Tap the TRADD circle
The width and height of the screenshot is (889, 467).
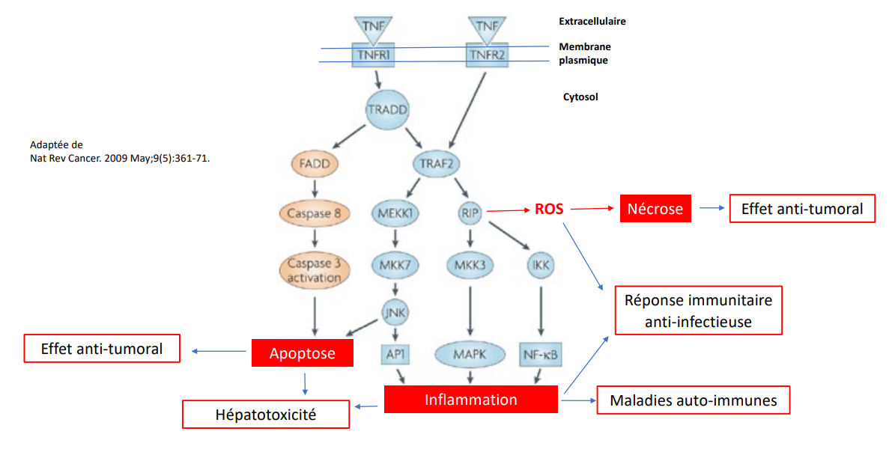388,110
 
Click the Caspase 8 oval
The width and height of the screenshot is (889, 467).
315,214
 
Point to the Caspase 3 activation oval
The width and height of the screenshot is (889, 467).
315,271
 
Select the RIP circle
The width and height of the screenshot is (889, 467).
470,214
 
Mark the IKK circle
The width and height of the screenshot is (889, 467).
541,265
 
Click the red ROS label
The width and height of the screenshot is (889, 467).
549,210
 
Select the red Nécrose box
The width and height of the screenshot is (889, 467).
655,210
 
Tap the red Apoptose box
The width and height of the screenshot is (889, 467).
302,353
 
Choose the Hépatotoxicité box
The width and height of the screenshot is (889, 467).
266,415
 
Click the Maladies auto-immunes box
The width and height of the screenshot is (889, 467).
693,400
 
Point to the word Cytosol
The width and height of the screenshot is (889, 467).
580,97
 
